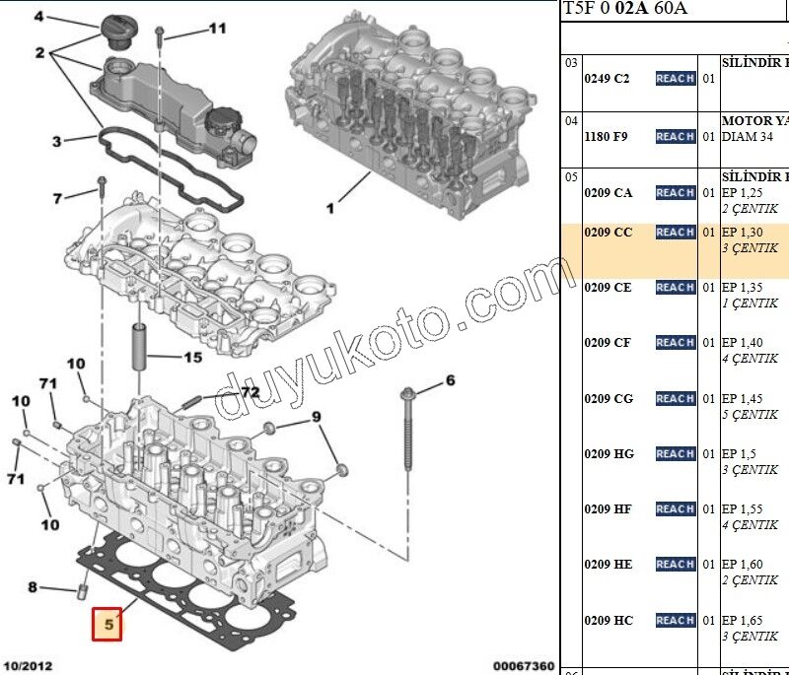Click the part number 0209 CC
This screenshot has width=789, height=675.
608,233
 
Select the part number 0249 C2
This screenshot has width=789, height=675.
607,78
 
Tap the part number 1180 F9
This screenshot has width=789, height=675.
606,137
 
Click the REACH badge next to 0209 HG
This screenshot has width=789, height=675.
675,454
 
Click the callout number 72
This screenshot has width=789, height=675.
250,392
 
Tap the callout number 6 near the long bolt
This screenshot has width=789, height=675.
450,380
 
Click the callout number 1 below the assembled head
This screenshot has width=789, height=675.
330,209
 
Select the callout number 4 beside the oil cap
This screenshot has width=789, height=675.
39,17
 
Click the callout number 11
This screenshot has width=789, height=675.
217,30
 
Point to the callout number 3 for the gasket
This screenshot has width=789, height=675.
57,141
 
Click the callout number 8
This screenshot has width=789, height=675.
32,588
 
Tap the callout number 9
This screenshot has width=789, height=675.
317,418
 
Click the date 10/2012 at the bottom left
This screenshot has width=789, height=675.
27,666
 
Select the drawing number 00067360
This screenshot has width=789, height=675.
523,666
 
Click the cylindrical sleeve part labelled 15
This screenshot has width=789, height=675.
139,346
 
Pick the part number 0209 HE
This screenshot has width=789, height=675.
608,565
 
